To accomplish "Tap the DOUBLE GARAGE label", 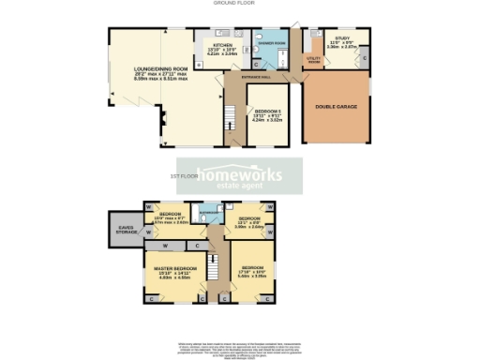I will click(334, 106).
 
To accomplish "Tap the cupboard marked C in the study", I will click(364, 59).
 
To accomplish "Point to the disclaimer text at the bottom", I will click(240, 349).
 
